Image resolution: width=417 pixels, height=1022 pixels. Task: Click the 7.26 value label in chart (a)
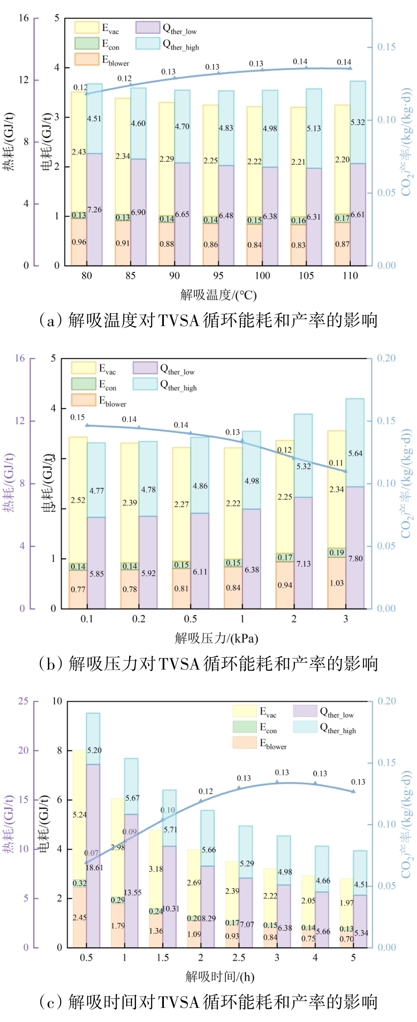[x=94, y=210]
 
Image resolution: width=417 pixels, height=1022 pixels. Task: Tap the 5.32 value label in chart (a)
[x=358, y=122]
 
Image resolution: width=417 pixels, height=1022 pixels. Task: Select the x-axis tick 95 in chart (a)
[x=218, y=276]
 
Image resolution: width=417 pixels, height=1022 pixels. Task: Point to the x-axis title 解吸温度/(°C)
[x=218, y=295]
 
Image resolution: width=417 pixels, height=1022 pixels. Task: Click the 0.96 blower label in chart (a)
[x=79, y=242]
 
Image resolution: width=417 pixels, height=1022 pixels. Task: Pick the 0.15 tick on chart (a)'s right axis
[x=386, y=47]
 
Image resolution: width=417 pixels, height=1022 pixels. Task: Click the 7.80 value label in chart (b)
[x=355, y=559]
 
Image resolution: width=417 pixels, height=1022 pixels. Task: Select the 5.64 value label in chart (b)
[x=355, y=453]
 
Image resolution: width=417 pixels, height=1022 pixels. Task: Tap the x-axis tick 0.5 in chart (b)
[x=190, y=619]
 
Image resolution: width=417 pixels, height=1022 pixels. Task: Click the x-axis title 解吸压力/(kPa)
[x=216, y=638]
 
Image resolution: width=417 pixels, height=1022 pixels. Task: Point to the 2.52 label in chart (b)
[x=78, y=500]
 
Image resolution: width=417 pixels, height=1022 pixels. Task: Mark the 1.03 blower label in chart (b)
[x=337, y=583]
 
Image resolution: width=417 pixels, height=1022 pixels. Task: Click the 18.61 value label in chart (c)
[x=94, y=867]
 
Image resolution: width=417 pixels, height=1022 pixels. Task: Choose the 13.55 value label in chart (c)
[x=132, y=892]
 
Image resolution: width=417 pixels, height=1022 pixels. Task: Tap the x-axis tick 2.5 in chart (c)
[x=239, y=958]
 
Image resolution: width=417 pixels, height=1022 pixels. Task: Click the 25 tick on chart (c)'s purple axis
[x=23, y=701]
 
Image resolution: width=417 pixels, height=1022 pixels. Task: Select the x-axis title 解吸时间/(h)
[x=220, y=977]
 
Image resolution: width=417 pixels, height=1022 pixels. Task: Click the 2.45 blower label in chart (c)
[x=79, y=917]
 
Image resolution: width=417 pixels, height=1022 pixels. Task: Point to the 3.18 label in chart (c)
[x=156, y=869]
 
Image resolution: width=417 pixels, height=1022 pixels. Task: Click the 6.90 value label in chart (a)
[x=138, y=212]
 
